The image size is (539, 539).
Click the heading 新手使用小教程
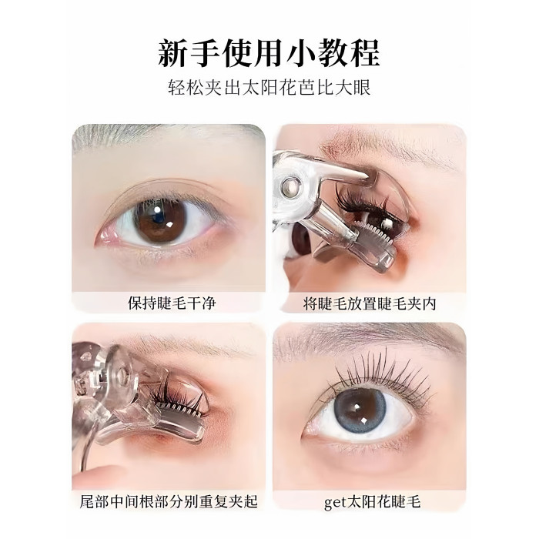coord(269,53)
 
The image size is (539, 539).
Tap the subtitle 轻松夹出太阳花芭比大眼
coord(269,88)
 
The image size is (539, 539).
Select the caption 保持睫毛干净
coord(172,303)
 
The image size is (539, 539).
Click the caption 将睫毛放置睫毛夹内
coord(370,304)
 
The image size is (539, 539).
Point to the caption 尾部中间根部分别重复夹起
coord(169,501)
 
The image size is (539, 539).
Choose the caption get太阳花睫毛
coord(372,502)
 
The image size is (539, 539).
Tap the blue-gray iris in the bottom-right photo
coord(360,411)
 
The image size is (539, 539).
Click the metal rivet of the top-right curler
coord(290,187)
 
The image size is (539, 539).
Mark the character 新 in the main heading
coord(173,53)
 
